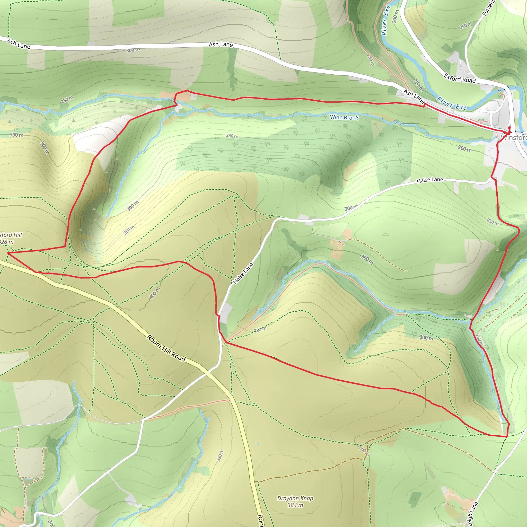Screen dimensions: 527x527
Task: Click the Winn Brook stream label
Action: (344, 118)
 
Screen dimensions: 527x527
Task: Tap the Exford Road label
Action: (460, 78)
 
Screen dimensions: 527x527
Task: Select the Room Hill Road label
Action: (166, 348)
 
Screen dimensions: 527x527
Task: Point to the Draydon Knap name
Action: (295, 498)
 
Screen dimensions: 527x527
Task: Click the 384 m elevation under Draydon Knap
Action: (295, 505)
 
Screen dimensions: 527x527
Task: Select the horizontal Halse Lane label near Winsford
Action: (430, 180)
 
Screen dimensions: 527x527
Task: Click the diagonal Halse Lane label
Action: (243, 273)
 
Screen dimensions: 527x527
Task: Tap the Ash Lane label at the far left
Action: (19, 44)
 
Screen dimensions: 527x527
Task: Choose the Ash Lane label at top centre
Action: (221, 45)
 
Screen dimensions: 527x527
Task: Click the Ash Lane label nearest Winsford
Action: (414, 96)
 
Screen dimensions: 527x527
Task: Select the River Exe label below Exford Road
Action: (452, 103)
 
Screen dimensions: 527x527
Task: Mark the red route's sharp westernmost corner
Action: (8, 253)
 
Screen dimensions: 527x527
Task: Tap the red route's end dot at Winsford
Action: (509, 128)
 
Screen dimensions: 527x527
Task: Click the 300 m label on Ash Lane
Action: (133, 50)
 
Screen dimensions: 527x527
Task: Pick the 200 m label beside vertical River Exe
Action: (395, 16)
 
